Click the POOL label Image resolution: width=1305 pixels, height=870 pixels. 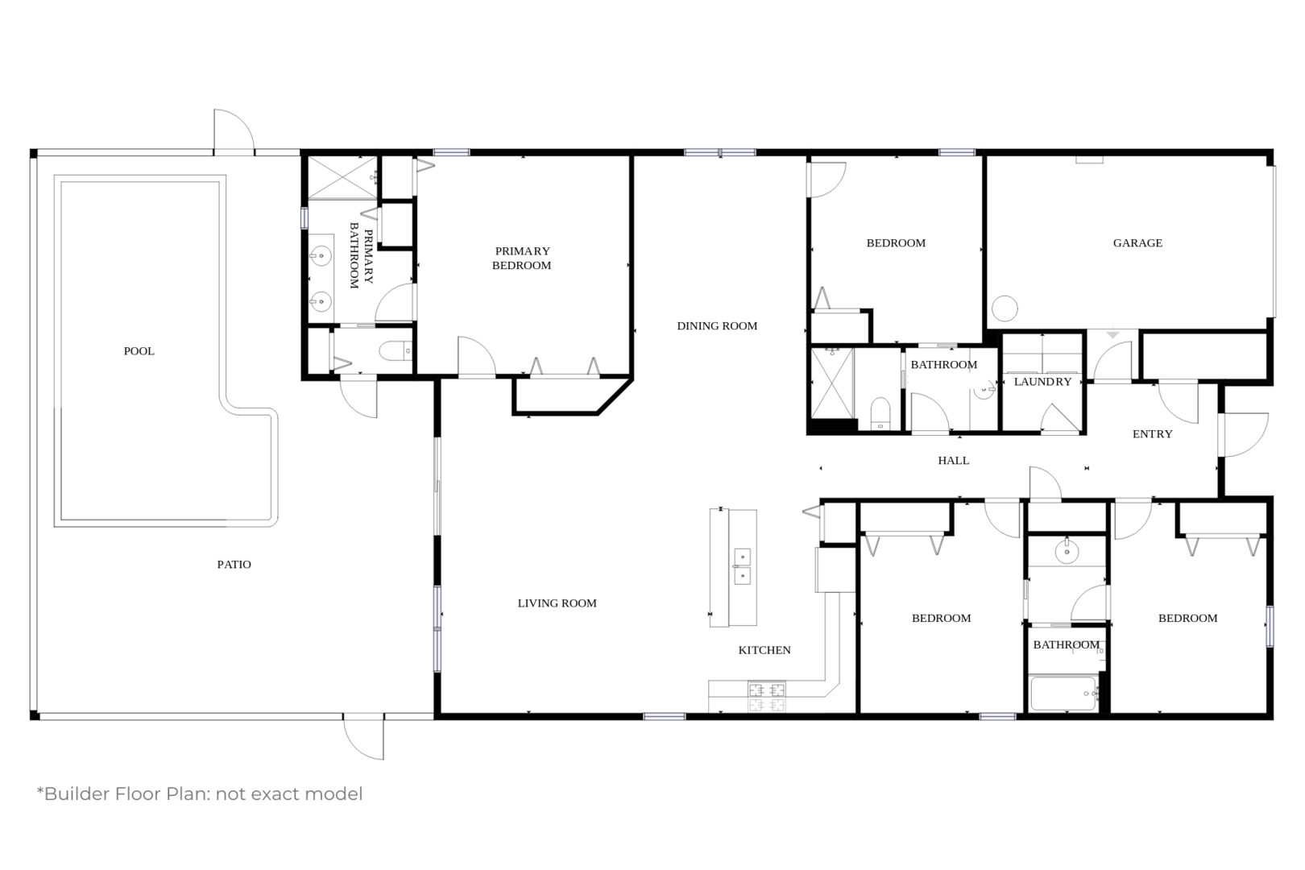[x=139, y=350]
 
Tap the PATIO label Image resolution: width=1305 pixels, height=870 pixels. [x=234, y=564]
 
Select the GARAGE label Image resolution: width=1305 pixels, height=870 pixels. [x=1137, y=243]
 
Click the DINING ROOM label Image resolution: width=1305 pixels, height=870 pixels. [x=717, y=325]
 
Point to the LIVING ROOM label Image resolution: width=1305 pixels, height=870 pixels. [x=557, y=603]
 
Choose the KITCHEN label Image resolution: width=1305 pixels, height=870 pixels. [x=764, y=650]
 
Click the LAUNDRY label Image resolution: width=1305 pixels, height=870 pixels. [x=1043, y=382]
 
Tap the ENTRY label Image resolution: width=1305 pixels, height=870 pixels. [x=1153, y=433]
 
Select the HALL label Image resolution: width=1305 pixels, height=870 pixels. [x=954, y=460]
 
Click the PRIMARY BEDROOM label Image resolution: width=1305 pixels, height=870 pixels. [x=522, y=258]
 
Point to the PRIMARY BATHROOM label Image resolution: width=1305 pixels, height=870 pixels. [x=361, y=256]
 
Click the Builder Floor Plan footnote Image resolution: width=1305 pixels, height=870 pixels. [x=200, y=793]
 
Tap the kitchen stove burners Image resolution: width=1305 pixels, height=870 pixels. [x=766, y=697]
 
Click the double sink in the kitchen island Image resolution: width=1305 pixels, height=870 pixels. [x=742, y=565]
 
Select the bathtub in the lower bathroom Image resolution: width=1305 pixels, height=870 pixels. [x=1063, y=694]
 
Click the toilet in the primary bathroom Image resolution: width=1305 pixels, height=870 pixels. [x=396, y=350]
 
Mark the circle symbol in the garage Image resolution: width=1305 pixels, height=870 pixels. [x=1005, y=309]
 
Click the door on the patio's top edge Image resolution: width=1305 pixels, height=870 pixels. [x=234, y=132]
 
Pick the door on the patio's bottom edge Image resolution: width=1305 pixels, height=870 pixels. [x=363, y=737]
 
